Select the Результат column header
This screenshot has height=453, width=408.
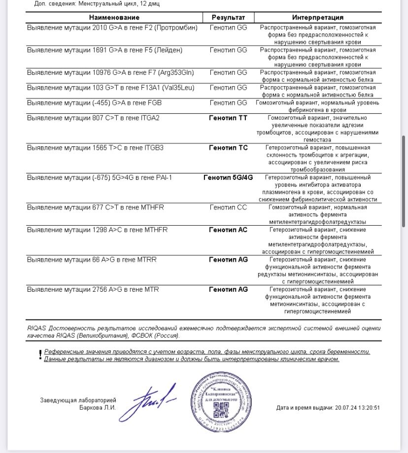228,17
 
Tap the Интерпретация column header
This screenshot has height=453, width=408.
317,17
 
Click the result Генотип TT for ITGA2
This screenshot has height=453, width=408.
228,118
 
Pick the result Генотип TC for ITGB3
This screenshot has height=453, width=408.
228,148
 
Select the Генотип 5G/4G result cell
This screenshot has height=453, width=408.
228,177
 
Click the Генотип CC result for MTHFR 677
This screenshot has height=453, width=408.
228,208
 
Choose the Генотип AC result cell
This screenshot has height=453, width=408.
228,230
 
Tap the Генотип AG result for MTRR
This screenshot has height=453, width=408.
228,259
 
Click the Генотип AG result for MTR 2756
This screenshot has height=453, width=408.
228,289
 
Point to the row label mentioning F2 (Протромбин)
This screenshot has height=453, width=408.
112,28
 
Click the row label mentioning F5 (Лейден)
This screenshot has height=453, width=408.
105,50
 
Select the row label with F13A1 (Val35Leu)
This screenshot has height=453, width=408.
111,88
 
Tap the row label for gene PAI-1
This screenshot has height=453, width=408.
100,177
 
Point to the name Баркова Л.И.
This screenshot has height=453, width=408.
98,407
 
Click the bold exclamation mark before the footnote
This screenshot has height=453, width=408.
40,355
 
